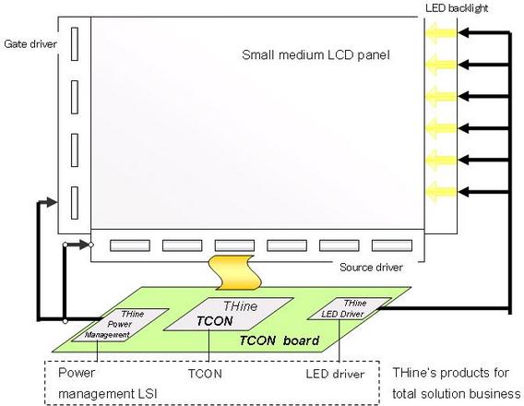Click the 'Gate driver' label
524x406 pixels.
[30, 43]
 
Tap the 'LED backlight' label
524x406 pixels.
[457, 8]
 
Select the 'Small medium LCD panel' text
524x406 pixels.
[316, 54]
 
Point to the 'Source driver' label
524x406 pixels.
[371, 268]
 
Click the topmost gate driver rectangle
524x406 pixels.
[75, 44]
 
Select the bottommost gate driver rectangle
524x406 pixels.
[75, 203]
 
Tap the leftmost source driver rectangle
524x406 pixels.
[130, 245]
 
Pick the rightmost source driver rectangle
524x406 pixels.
[392, 245]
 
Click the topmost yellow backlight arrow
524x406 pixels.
[441, 33]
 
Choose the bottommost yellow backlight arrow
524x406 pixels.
[441, 192]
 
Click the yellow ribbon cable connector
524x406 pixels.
[234, 272]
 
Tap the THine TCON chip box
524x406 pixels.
[228, 314]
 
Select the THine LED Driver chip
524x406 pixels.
[350, 308]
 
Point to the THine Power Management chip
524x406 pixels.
[120, 325]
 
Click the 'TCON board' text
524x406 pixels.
[280, 340]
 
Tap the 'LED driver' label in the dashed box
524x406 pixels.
[335, 374]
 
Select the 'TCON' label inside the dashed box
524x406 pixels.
[205, 374]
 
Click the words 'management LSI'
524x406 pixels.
[108, 394]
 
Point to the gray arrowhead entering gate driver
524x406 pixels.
[51, 202]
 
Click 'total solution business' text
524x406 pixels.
[457, 394]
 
